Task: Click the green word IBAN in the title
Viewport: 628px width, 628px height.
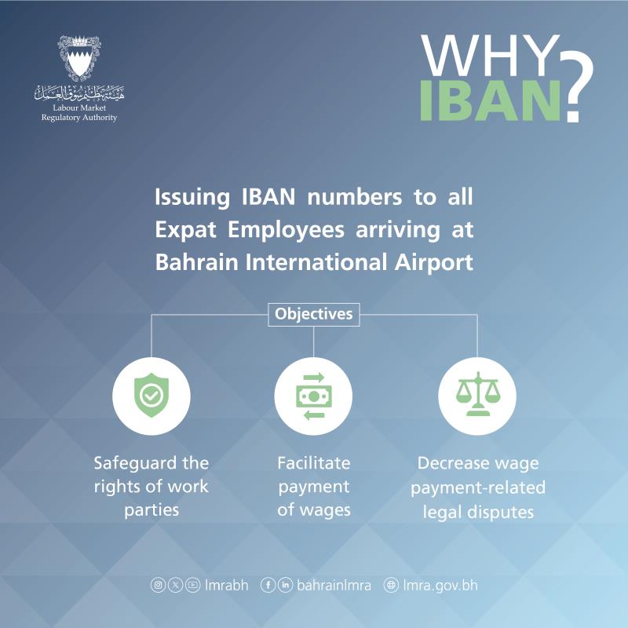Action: tap(490, 100)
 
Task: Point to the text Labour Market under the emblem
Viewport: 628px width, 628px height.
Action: tap(79, 108)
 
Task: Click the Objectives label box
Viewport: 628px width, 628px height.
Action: tap(313, 315)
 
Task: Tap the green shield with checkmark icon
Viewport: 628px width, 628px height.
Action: tap(152, 396)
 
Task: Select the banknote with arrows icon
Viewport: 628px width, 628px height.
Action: tap(313, 396)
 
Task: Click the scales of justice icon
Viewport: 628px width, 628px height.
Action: tap(478, 394)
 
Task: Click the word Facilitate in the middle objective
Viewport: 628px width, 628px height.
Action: tap(313, 463)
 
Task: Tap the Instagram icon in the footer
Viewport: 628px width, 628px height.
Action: tap(158, 585)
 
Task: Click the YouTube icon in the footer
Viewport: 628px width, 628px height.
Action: tap(192, 585)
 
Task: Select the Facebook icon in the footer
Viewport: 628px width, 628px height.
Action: tap(268, 585)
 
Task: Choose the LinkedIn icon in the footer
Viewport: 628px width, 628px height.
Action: tap(285, 585)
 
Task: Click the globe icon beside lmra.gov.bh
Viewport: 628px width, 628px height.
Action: tap(391, 585)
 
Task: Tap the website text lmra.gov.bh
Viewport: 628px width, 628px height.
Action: tap(440, 586)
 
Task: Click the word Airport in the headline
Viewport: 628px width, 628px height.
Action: tap(434, 263)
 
